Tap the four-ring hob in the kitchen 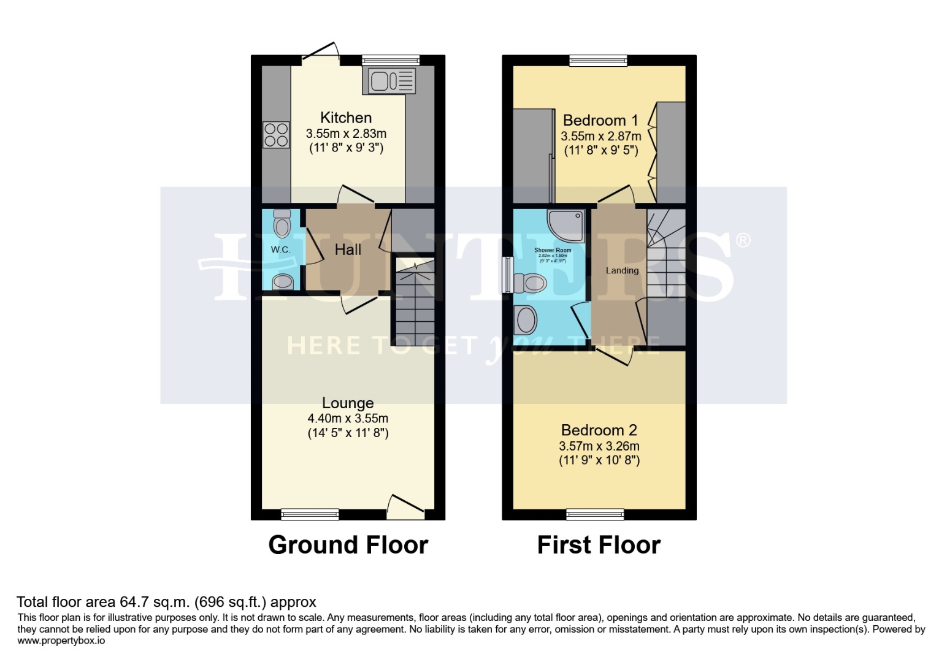276,135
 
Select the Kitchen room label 346,118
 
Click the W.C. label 280,249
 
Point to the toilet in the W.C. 282,224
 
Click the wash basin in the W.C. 283,282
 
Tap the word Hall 348,249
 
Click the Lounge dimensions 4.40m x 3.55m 348,419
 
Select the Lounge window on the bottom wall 310,514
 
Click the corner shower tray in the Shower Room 565,226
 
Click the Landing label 622,270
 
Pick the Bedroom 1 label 600,120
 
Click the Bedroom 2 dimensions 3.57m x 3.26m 599,446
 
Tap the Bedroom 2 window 595,514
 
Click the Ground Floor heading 348,545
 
